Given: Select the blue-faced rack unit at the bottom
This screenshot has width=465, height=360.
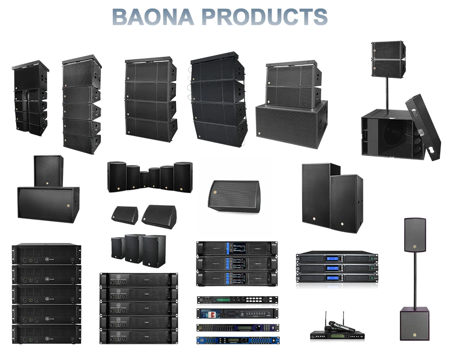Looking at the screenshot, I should (237, 340).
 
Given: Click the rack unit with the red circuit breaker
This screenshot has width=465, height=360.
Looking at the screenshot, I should (237, 313).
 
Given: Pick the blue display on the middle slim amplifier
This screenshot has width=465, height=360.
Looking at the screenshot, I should (331, 268).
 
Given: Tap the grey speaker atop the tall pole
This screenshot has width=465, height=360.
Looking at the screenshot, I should (414, 235).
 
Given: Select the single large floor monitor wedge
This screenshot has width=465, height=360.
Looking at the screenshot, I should (234, 196).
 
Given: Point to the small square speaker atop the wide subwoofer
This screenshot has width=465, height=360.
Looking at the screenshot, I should (49, 171).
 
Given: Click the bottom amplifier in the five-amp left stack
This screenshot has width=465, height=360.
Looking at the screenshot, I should (46, 334).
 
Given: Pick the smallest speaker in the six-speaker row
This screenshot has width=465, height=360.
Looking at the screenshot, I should (144, 179).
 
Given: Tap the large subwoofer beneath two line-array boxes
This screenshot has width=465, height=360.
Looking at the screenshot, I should (291, 124).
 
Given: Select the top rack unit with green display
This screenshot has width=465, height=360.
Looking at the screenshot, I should (237, 300).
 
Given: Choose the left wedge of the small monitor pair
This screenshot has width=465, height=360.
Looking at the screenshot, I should (125, 215).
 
